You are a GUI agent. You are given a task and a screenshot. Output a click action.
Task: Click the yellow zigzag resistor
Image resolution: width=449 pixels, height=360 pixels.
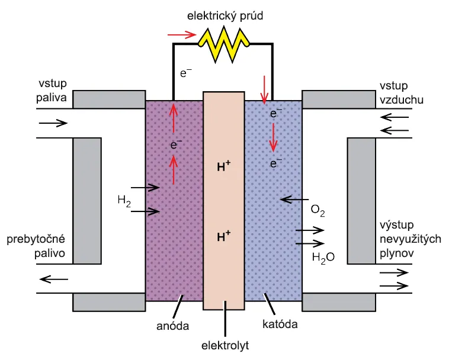point(224,44)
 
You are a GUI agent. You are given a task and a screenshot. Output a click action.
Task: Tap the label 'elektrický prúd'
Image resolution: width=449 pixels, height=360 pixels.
point(225,16)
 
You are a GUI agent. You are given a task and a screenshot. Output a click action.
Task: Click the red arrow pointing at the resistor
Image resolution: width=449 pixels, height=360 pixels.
point(182,35)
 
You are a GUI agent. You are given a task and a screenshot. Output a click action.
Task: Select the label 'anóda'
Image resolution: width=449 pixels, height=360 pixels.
point(173,326)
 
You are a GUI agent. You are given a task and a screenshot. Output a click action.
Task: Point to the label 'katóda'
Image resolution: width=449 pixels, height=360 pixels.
point(280,324)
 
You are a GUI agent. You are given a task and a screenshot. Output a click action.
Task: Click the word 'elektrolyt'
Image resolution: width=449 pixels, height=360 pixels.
point(225,345)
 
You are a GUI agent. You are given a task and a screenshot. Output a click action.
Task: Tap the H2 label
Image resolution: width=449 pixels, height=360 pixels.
point(124,200)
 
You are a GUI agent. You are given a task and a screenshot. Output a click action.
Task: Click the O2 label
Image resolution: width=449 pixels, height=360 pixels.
point(318,211)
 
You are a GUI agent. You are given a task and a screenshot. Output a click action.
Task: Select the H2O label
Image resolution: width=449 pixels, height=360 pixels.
point(323,258)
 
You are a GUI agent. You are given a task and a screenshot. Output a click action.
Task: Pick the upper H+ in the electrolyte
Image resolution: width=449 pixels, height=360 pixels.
point(224,166)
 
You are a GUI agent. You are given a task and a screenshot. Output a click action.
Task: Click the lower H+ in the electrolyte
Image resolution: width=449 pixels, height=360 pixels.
point(224,236)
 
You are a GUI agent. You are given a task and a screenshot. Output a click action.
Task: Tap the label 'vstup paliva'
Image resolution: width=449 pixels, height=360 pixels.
point(52,91)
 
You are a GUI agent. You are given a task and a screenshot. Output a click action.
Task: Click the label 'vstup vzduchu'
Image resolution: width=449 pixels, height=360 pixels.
point(402,93)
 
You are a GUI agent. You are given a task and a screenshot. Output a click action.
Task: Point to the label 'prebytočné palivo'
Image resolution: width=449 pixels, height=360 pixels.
point(36,246)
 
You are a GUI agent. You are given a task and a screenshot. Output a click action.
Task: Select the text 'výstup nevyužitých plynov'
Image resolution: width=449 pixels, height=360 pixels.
point(410,239)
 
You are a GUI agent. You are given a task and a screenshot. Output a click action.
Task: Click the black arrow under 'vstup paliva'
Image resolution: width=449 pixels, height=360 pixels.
point(53,123)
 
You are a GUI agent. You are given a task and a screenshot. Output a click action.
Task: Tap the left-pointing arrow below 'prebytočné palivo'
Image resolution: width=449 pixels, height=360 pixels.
point(54,279)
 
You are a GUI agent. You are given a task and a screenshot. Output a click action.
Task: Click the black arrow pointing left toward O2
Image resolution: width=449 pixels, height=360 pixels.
point(294,200)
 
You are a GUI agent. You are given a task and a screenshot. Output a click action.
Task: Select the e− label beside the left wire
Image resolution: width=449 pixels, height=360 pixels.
point(186,73)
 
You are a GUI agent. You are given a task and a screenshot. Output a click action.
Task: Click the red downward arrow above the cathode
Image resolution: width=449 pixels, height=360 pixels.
point(264,90)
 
